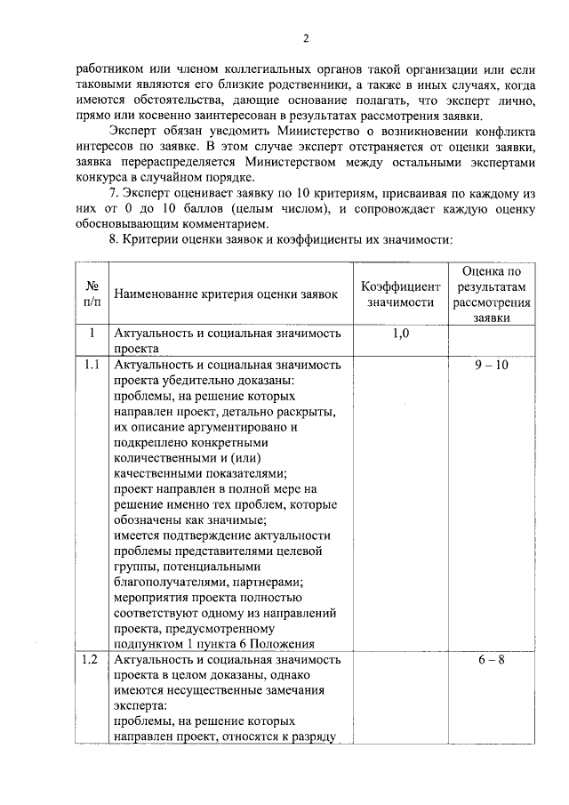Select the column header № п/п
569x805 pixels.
coord(92,294)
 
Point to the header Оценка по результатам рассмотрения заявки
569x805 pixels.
coord(491,294)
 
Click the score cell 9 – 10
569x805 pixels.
coord(491,365)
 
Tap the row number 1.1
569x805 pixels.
coord(91,365)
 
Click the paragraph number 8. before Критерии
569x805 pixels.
coord(110,240)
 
